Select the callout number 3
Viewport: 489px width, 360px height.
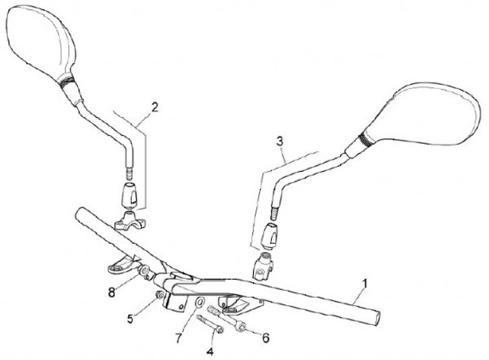279,141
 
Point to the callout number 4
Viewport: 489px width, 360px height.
210,351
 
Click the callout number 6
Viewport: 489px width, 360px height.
266,337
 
